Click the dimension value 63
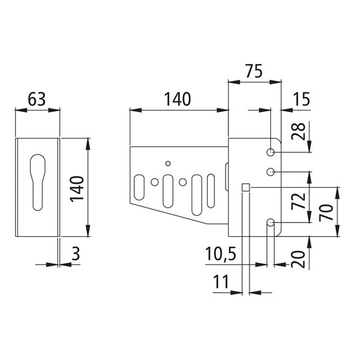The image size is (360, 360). click(37, 99)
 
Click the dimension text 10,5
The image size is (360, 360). click(223, 254)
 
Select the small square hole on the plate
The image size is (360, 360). click(246, 188)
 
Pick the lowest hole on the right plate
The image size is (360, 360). click(271, 222)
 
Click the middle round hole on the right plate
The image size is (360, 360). click(271, 172)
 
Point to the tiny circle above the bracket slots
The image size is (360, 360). click(168, 163)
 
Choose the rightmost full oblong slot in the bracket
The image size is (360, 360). click(211, 189)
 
